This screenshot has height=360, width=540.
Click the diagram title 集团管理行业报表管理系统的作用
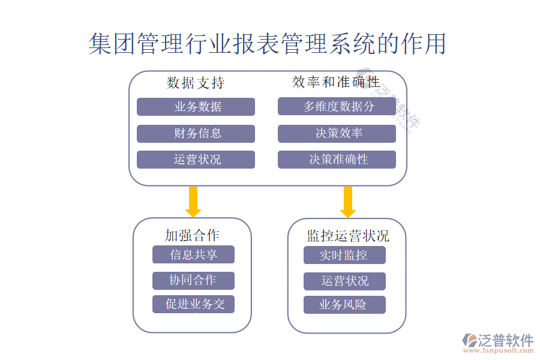tap(268, 44)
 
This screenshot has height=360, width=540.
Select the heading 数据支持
tap(196, 83)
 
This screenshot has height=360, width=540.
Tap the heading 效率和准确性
tap(336, 82)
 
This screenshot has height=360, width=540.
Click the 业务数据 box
tap(196, 107)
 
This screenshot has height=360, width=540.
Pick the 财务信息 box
tap(196, 133)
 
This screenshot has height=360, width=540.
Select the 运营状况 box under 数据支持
tap(196, 160)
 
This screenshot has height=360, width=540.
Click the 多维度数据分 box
tap(337, 107)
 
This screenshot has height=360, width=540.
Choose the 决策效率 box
tap(337, 133)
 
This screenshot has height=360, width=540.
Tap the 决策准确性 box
tap(337, 160)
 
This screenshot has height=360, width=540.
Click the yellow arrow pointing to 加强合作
tap(193, 202)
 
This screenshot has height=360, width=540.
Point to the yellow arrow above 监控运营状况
tap(348, 202)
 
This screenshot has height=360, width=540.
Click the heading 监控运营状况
tap(348, 236)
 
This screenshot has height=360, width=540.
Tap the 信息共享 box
tap(193, 254)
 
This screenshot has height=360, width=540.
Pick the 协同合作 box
tap(193, 280)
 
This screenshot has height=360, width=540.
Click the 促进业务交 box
tap(193, 304)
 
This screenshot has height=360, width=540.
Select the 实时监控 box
tap(344, 255)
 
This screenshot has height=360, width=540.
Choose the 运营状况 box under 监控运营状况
tap(344, 281)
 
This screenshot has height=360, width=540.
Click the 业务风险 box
tap(344, 305)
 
